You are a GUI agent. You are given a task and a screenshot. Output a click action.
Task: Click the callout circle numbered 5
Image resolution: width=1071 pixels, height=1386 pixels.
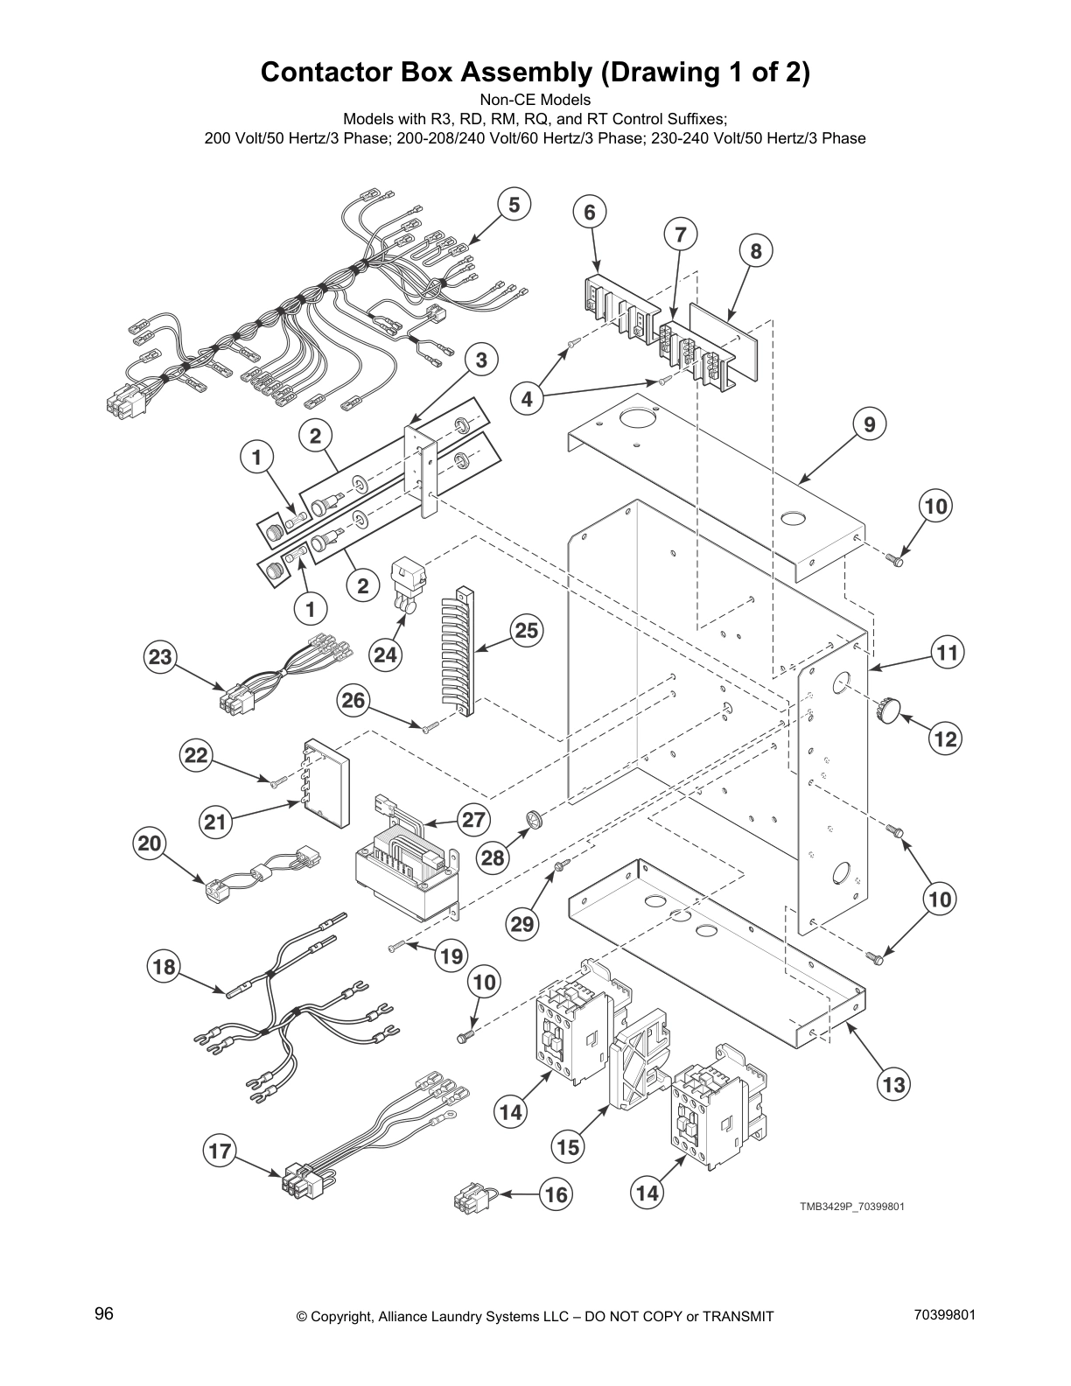pos(514,205)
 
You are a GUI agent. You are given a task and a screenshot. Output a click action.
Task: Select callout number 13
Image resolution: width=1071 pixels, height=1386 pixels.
pos(893,1085)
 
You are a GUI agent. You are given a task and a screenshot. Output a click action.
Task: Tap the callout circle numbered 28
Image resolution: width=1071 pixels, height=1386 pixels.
pos(493,857)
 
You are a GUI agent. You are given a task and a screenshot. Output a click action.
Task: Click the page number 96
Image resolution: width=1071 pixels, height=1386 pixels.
pos(104,1313)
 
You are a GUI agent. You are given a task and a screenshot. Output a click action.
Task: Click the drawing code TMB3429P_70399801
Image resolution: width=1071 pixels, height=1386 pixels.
pos(850,1207)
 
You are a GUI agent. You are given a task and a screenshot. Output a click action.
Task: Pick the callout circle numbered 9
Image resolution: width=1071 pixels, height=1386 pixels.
pos(869,425)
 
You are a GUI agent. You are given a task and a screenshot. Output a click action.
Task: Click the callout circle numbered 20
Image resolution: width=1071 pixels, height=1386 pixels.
pos(150,843)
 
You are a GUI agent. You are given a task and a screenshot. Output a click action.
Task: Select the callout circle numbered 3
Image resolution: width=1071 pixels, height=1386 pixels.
pos(481,359)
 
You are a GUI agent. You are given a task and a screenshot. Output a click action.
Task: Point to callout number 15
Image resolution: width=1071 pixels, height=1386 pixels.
pos(569,1146)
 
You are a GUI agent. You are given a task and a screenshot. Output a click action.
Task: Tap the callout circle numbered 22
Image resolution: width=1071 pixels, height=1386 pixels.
pos(196,755)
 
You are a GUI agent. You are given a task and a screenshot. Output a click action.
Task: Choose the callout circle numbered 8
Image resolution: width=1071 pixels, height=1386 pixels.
pos(756,252)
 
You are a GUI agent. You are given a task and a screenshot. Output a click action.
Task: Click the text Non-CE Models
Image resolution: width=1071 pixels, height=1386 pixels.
pos(535,100)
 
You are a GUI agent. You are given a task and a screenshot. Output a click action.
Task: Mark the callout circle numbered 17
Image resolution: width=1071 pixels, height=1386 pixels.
pos(220,1151)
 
